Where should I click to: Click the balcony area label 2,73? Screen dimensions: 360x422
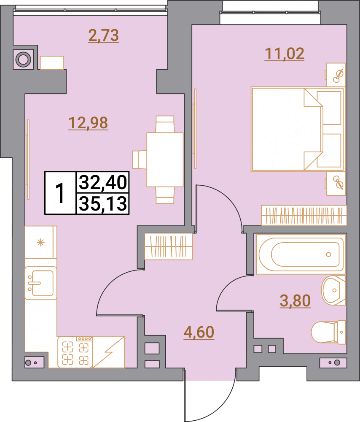(x=104, y=36)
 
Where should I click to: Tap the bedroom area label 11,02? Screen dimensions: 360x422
(x=285, y=54)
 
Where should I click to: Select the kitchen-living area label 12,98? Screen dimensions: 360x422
(x=88, y=123)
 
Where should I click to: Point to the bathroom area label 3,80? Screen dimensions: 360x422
(x=295, y=300)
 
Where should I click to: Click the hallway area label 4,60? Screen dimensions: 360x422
(x=199, y=332)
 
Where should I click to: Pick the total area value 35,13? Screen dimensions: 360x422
(x=103, y=204)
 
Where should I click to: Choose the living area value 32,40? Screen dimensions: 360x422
(x=103, y=182)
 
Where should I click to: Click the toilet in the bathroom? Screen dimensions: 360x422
(x=329, y=332)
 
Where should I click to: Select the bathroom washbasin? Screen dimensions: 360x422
(x=333, y=290)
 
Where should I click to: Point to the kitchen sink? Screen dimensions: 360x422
(x=41, y=283)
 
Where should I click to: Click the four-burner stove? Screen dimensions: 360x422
(x=75, y=352)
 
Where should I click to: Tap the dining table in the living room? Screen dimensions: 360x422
(x=165, y=160)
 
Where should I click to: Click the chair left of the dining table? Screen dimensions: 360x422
(x=140, y=160)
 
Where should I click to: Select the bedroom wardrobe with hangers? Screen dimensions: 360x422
(x=304, y=215)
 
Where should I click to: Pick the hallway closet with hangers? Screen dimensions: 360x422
(x=169, y=246)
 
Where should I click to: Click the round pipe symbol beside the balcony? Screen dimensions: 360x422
(x=23, y=59)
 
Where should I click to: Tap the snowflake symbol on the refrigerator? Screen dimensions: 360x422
(x=40, y=243)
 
